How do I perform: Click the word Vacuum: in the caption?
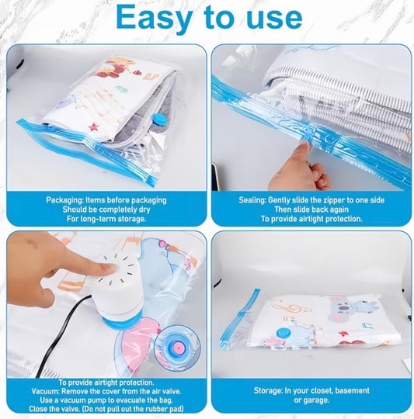pos(45,392)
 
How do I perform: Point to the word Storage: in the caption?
pos(268,390)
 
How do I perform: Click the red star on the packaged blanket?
pos(93,127)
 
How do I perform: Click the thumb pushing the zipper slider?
pos(304,152)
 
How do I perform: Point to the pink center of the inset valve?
pos(177,348)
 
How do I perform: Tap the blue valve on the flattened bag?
pos(283,333)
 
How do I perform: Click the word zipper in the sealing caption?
pos(338,200)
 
